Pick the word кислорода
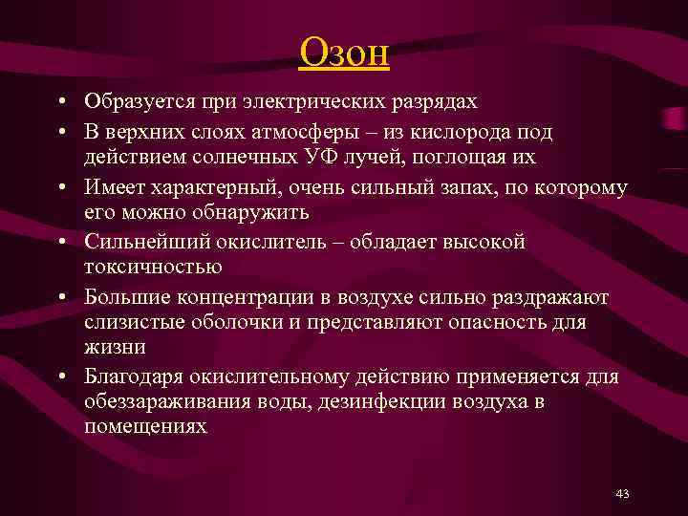pos(456,131)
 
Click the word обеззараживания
pos(168,402)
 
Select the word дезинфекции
pos(376,402)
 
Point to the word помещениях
pos(145,427)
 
